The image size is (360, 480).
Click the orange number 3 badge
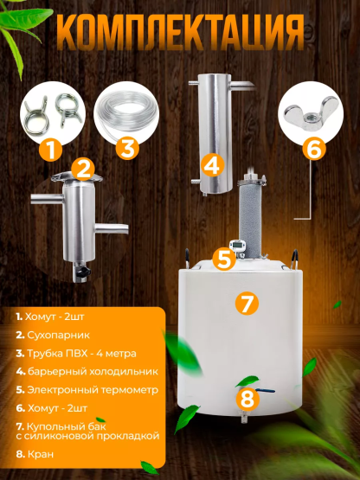(x=128, y=147)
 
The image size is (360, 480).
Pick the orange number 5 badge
(x=313, y=148)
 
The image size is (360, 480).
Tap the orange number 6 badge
(x=247, y=304)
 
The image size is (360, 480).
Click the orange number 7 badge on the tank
(x=247, y=399)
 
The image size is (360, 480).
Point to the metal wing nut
(x=314, y=109)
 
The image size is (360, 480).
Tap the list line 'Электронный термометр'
(x=82, y=390)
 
